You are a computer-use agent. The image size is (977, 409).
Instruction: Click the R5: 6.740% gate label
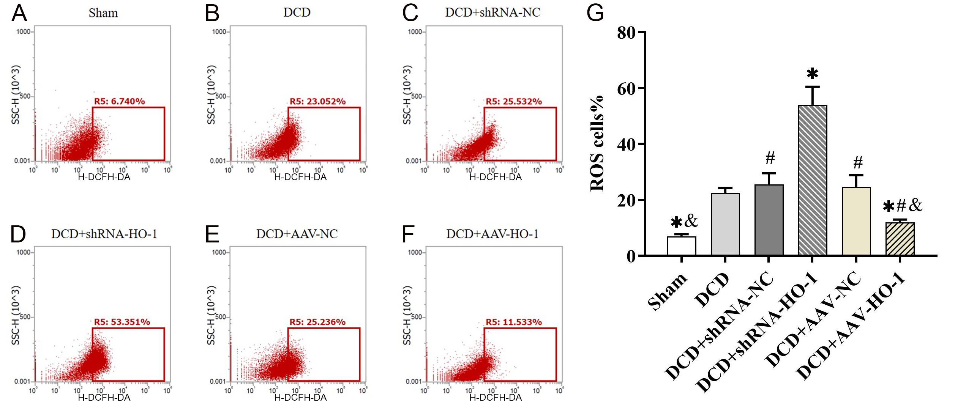pos(119,101)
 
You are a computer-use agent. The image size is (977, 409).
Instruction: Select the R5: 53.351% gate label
pos(122,322)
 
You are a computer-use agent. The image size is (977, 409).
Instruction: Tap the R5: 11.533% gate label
pos(514,322)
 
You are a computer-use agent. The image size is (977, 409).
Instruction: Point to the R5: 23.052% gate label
pos(317,101)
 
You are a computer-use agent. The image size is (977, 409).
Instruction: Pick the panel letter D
pos(18,234)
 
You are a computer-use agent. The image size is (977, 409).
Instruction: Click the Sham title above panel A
pos(103,13)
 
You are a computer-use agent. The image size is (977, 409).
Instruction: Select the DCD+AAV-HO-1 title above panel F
pos(492,234)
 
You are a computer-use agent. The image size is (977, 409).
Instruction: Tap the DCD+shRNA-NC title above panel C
pos(492,13)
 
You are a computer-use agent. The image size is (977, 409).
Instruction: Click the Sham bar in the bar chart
pos(682,246)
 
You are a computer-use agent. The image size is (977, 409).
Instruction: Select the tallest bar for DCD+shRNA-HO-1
pos(813,180)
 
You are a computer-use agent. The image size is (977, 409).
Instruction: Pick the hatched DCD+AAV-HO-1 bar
pos(900,239)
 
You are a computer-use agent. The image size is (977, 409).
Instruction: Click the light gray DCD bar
pos(725,224)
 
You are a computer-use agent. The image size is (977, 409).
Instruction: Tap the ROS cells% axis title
pos(597,143)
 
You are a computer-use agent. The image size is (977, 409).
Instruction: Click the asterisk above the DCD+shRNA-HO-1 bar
pos(812,73)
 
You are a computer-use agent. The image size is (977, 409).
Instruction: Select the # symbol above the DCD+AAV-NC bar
pos(858,163)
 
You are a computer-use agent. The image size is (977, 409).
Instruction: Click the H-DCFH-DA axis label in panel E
pos(300,398)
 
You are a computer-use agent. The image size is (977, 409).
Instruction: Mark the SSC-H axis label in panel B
pos(211,95)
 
